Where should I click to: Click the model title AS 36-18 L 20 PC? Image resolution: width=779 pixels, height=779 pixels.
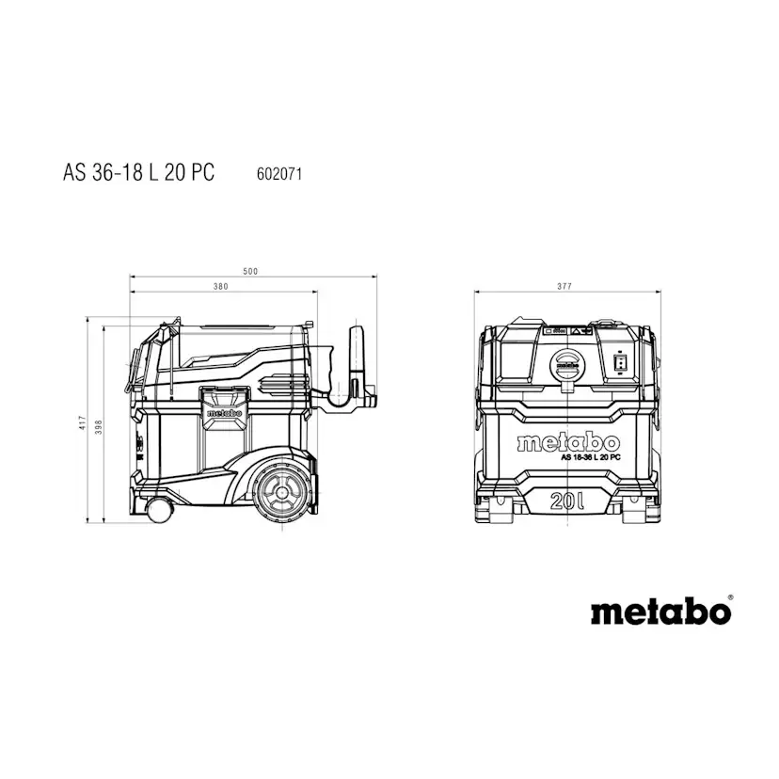pyautogui.click(x=138, y=172)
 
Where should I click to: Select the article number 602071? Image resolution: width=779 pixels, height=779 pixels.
pyautogui.click(x=279, y=174)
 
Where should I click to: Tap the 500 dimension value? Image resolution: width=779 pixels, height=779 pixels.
pyautogui.click(x=250, y=271)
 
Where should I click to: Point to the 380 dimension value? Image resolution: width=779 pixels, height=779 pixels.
pyautogui.click(x=220, y=286)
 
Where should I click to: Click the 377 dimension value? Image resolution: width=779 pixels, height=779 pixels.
pyautogui.click(x=564, y=286)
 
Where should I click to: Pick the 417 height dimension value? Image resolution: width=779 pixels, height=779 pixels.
pyautogui.click(x=83, y=422)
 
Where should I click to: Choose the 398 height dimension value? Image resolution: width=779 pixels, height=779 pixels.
pyautogui.click(x=99, y=427)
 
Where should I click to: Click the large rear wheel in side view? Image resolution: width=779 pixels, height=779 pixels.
pyautogui.click(x=282, y=493)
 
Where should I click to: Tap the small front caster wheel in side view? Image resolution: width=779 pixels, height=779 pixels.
pyautogui.click(x=160, y=510)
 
